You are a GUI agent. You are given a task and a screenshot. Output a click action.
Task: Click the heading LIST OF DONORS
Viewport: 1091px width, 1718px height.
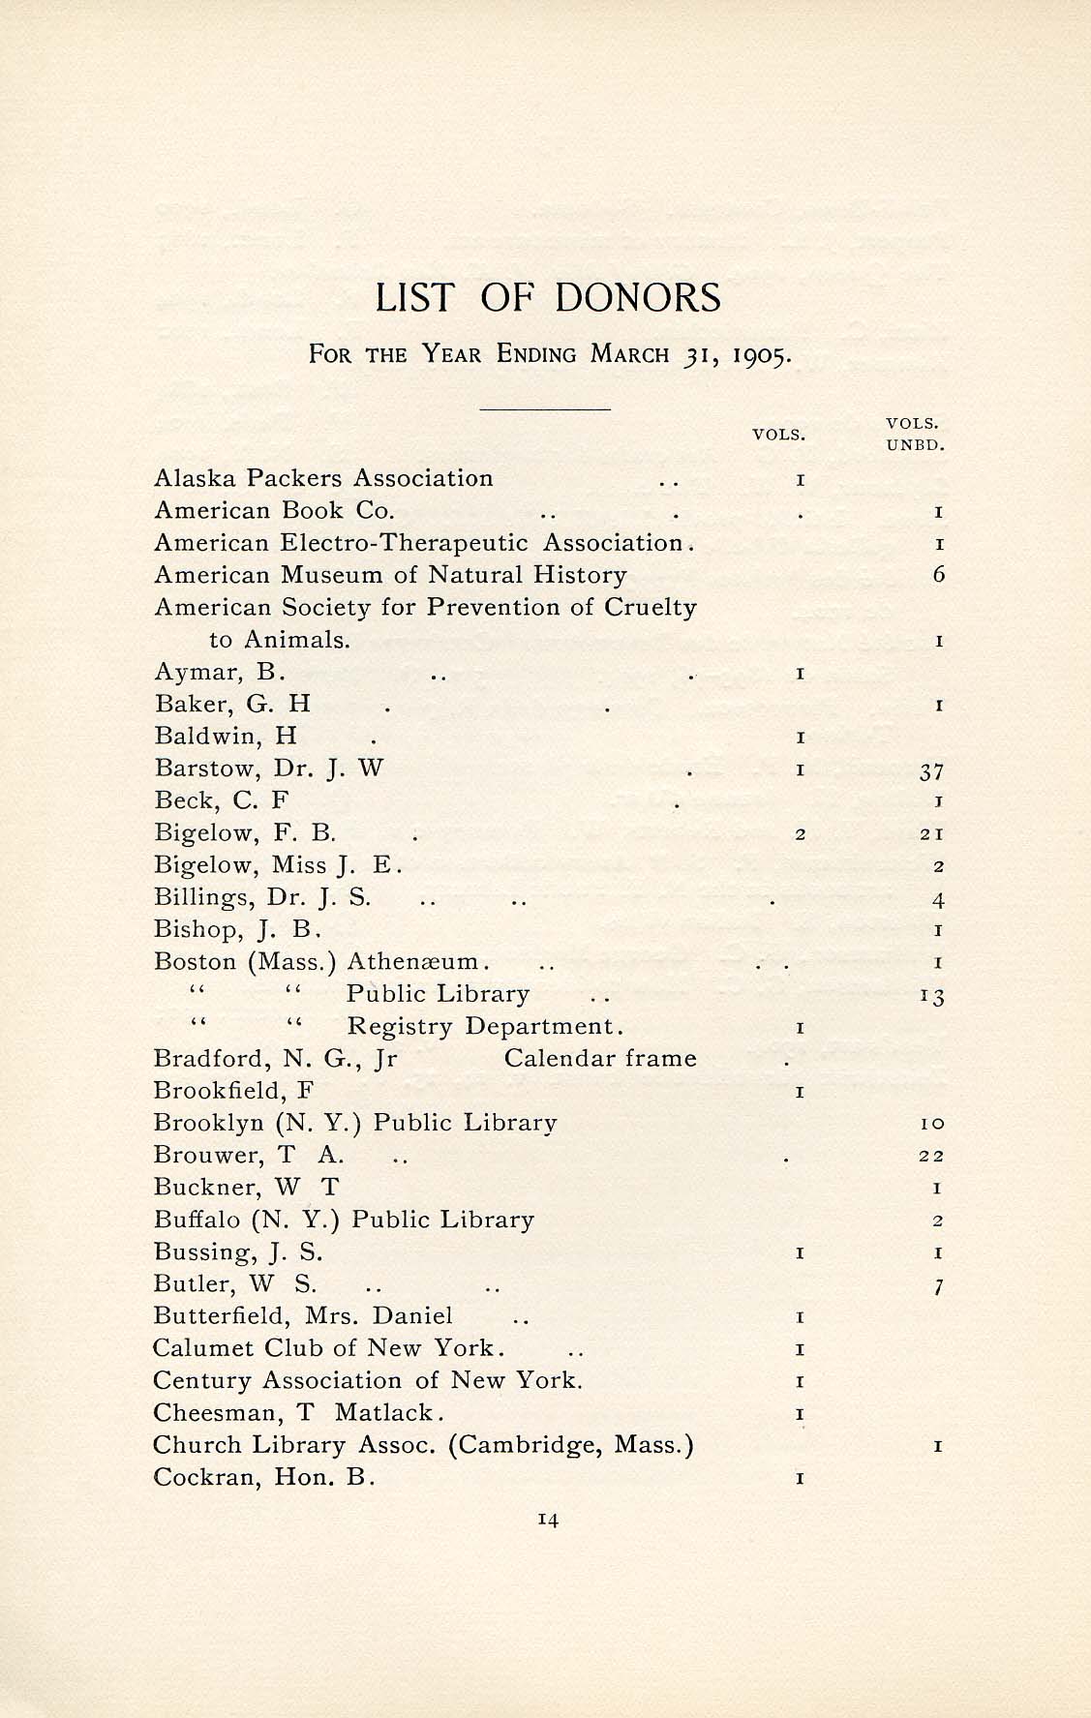[x=548, y=297]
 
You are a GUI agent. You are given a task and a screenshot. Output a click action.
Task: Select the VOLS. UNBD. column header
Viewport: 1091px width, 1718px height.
[x=914, y=435]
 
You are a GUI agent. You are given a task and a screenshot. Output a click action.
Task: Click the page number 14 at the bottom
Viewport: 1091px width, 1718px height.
[x=548, y=1520]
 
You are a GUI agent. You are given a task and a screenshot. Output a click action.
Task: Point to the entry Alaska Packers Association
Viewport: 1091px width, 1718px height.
[x=323, y=478]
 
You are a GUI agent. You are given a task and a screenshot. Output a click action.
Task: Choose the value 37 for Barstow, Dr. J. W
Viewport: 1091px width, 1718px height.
[x=932, y=770]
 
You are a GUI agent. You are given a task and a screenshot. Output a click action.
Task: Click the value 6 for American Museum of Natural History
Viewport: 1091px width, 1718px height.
[x=938, y=575]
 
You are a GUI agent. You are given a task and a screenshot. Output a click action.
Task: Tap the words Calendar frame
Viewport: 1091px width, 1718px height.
[x=600, y=1058]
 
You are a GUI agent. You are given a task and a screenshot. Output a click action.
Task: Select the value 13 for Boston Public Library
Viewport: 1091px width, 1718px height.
[x=932, y=996]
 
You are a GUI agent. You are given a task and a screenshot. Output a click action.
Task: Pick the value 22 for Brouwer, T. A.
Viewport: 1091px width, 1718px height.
[x=933, y=1156]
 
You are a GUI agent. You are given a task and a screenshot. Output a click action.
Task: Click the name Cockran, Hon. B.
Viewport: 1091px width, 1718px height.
[x=264, y=1477]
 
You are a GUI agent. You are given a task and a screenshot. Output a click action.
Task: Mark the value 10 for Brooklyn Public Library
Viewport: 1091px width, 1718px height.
[x=933, y=1124]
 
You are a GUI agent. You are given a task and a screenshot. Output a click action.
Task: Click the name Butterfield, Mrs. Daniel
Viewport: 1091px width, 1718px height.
[x=303, y=1316]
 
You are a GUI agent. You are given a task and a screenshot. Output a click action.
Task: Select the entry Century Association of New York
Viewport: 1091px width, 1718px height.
[x=368, y=1380]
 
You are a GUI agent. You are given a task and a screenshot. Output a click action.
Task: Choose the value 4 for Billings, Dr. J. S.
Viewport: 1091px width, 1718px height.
[x=938, y=899]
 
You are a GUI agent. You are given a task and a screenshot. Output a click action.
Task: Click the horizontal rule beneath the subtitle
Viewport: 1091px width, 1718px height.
[x=546, y=409]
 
